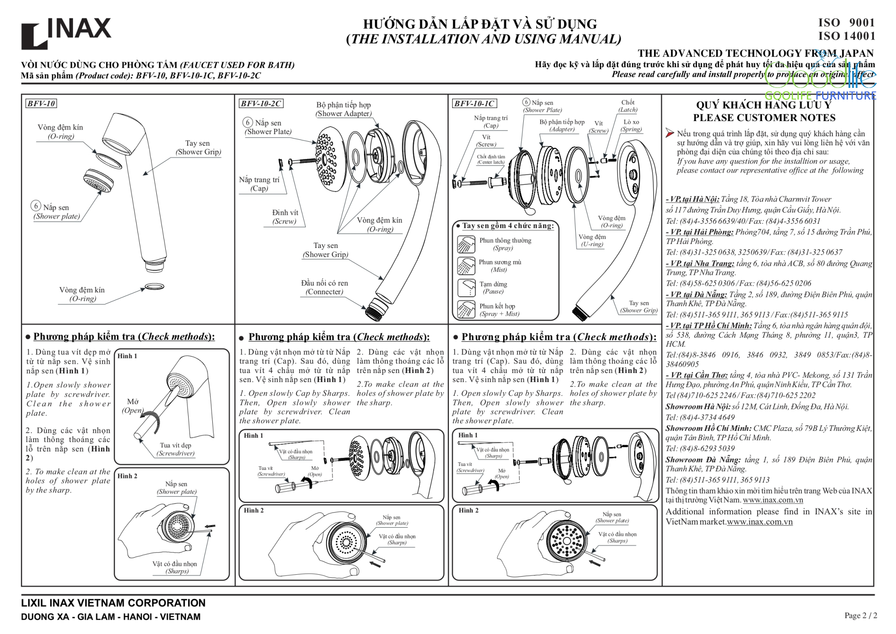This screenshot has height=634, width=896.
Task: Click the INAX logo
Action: click(66, 32)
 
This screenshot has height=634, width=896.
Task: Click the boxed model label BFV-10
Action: click(41, 104)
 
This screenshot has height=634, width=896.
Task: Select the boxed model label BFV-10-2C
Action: click(261, 104)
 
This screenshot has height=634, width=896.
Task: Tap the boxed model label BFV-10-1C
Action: click(474, 104)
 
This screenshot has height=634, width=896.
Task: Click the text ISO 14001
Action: click(846, 36)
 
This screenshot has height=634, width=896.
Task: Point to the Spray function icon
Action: click(466, 244)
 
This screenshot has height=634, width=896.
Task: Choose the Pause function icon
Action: click(466, 288)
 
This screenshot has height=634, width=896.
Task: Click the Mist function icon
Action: click(466, 266)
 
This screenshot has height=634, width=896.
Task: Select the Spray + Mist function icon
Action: click(466, 309)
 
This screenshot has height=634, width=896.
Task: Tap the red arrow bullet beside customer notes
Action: click(670, 133)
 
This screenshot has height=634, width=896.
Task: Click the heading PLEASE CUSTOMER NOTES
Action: click(764, 118)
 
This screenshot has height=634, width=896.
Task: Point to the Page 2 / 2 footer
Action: click(861, 616)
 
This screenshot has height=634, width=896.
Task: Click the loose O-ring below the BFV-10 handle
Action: click(154, 286)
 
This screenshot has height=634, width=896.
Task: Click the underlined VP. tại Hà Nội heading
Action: click(693, 199)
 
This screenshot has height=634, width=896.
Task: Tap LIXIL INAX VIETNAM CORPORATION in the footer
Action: click(113, 603)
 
